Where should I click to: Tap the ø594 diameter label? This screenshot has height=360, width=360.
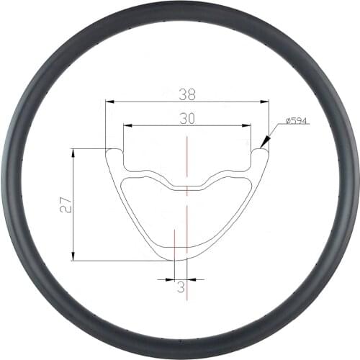coord(297,121)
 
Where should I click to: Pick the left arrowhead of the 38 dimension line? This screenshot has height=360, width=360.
coord(108,102)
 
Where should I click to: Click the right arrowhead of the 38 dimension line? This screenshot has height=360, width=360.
coord(266,102)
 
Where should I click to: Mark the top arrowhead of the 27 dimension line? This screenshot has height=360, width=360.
coord(74,152)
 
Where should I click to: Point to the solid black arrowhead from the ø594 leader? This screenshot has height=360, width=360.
coord(264,144)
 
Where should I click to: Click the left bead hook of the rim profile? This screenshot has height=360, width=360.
coord(113,151)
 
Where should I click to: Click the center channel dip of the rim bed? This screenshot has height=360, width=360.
coord(186,188)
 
